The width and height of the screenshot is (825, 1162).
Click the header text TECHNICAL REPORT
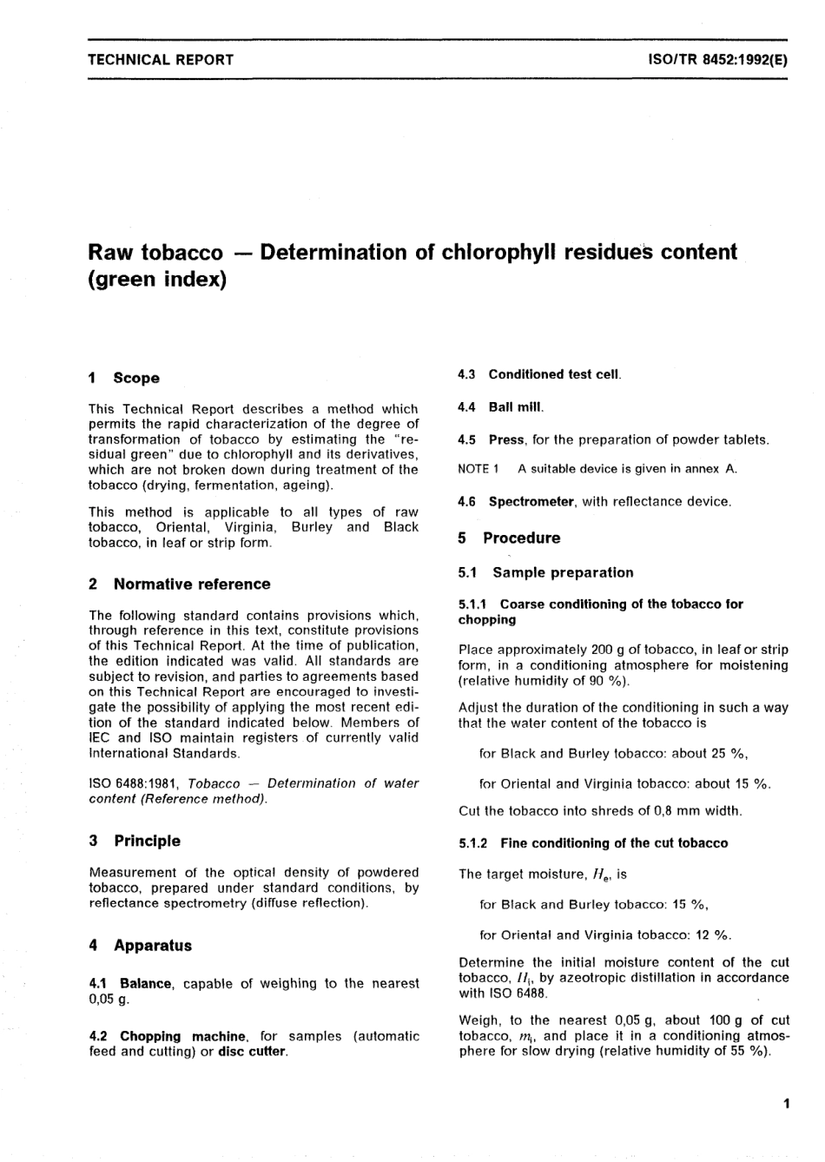coord(161,60)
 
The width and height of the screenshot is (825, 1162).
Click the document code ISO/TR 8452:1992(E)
coord(717,60)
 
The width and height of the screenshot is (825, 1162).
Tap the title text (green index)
coord(157,281)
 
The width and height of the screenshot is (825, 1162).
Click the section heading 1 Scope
coord(124,378)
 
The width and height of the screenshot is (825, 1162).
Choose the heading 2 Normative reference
coord(180,584)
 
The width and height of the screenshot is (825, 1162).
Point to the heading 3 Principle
coord(135,841)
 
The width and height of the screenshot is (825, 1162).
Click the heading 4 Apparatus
coord(140,946)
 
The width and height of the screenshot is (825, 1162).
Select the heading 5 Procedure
coord(509,538)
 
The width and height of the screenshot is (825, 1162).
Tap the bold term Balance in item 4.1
coord(146,983)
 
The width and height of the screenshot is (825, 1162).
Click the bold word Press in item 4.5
coord(506,439)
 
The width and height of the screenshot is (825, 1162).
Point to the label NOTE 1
coord(478,469)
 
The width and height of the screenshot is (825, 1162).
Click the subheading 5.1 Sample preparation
coord(545,572)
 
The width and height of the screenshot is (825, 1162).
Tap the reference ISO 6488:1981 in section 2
coord(134,783)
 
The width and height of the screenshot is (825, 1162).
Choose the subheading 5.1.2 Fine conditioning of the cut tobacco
coord(593,843)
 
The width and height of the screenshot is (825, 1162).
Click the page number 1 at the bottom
coord(785,1104)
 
